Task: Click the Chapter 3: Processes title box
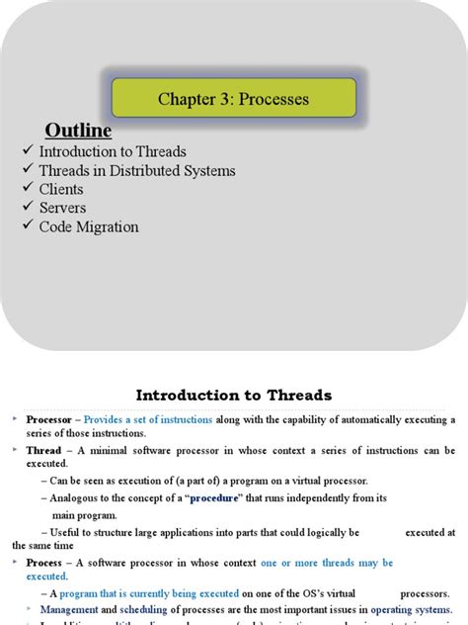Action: tap(234, 100)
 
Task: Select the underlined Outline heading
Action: tap(78, 132)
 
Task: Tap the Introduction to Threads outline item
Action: tap(113, 151)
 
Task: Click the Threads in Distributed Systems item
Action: tap(137, 170)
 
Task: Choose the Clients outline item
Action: tap(61, 189)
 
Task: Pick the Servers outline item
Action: tap(62, 208)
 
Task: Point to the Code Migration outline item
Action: tap(89, 226)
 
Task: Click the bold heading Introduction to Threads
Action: tap(234, 395)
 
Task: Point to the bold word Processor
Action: tap(49, 419)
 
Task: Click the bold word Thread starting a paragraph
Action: tap(43, 449)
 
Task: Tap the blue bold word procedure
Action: tap(214, 497)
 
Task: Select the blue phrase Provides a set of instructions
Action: tap(148, 419)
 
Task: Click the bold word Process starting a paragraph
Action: tap(45, 562)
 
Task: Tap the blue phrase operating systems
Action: tap(412, 609)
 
